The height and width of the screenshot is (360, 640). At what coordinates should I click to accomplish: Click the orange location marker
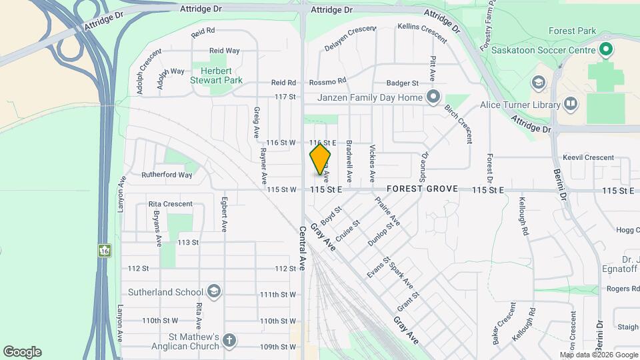[320, 159]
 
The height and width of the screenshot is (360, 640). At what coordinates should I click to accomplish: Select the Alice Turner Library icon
[570, 104]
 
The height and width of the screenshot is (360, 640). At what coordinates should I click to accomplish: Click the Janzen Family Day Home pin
[433, 98]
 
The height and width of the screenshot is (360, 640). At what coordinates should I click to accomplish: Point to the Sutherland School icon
[213, 291]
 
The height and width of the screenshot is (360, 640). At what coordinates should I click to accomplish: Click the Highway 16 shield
[105, 250]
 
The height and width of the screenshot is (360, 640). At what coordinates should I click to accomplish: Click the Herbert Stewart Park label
[216, 75]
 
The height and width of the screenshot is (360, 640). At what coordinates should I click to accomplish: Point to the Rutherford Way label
[167, 175]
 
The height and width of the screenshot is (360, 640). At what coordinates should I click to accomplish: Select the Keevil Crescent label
[587, 157]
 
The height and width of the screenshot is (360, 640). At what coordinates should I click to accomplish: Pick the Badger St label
[402, 83]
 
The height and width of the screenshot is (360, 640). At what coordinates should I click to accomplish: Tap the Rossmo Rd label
[327, 81]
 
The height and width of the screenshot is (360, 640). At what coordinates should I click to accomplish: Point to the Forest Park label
[571, 31]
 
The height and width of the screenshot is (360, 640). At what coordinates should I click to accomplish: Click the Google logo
[22, 352]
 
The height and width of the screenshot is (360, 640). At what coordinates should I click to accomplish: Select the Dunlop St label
[381, 235]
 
